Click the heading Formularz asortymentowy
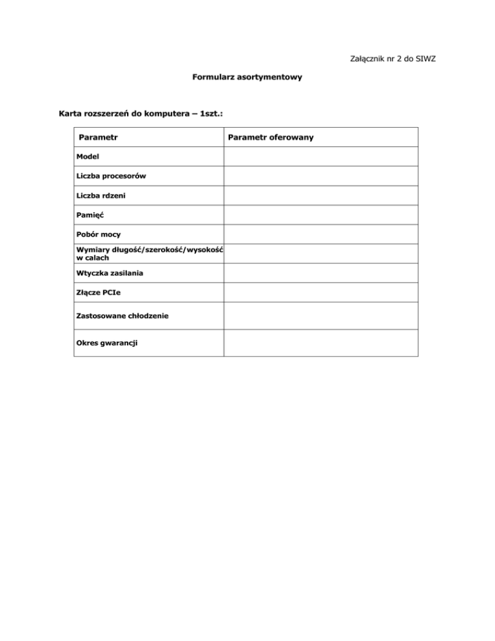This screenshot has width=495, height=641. [247, 77]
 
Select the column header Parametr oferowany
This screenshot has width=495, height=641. [271, 138]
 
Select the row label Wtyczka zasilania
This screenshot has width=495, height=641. [109, 273]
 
